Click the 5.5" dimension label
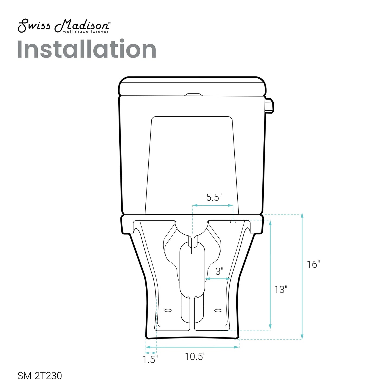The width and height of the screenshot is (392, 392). point(214,197)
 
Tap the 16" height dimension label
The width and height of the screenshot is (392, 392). point(313,264)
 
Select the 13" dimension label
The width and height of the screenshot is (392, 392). point(280,289)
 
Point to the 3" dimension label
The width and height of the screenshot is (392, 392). point(219,271)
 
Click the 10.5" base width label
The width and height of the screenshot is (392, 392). point(195,356)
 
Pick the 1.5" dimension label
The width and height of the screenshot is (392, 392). point(150,359)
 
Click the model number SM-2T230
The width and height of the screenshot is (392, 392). point(40,376)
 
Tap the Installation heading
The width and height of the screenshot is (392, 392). point(87,49)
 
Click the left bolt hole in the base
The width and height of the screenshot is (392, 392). point(168,310)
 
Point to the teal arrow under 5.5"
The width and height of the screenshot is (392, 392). point(213,205)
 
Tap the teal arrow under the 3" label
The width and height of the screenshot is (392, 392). point(218,279)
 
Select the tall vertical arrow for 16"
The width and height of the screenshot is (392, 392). point(302,277)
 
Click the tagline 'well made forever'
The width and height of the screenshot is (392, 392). point(86,31)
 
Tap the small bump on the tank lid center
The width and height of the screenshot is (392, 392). point(193,95)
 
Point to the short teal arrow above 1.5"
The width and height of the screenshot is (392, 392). point(151,353)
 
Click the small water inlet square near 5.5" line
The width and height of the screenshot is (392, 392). point(233,222)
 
